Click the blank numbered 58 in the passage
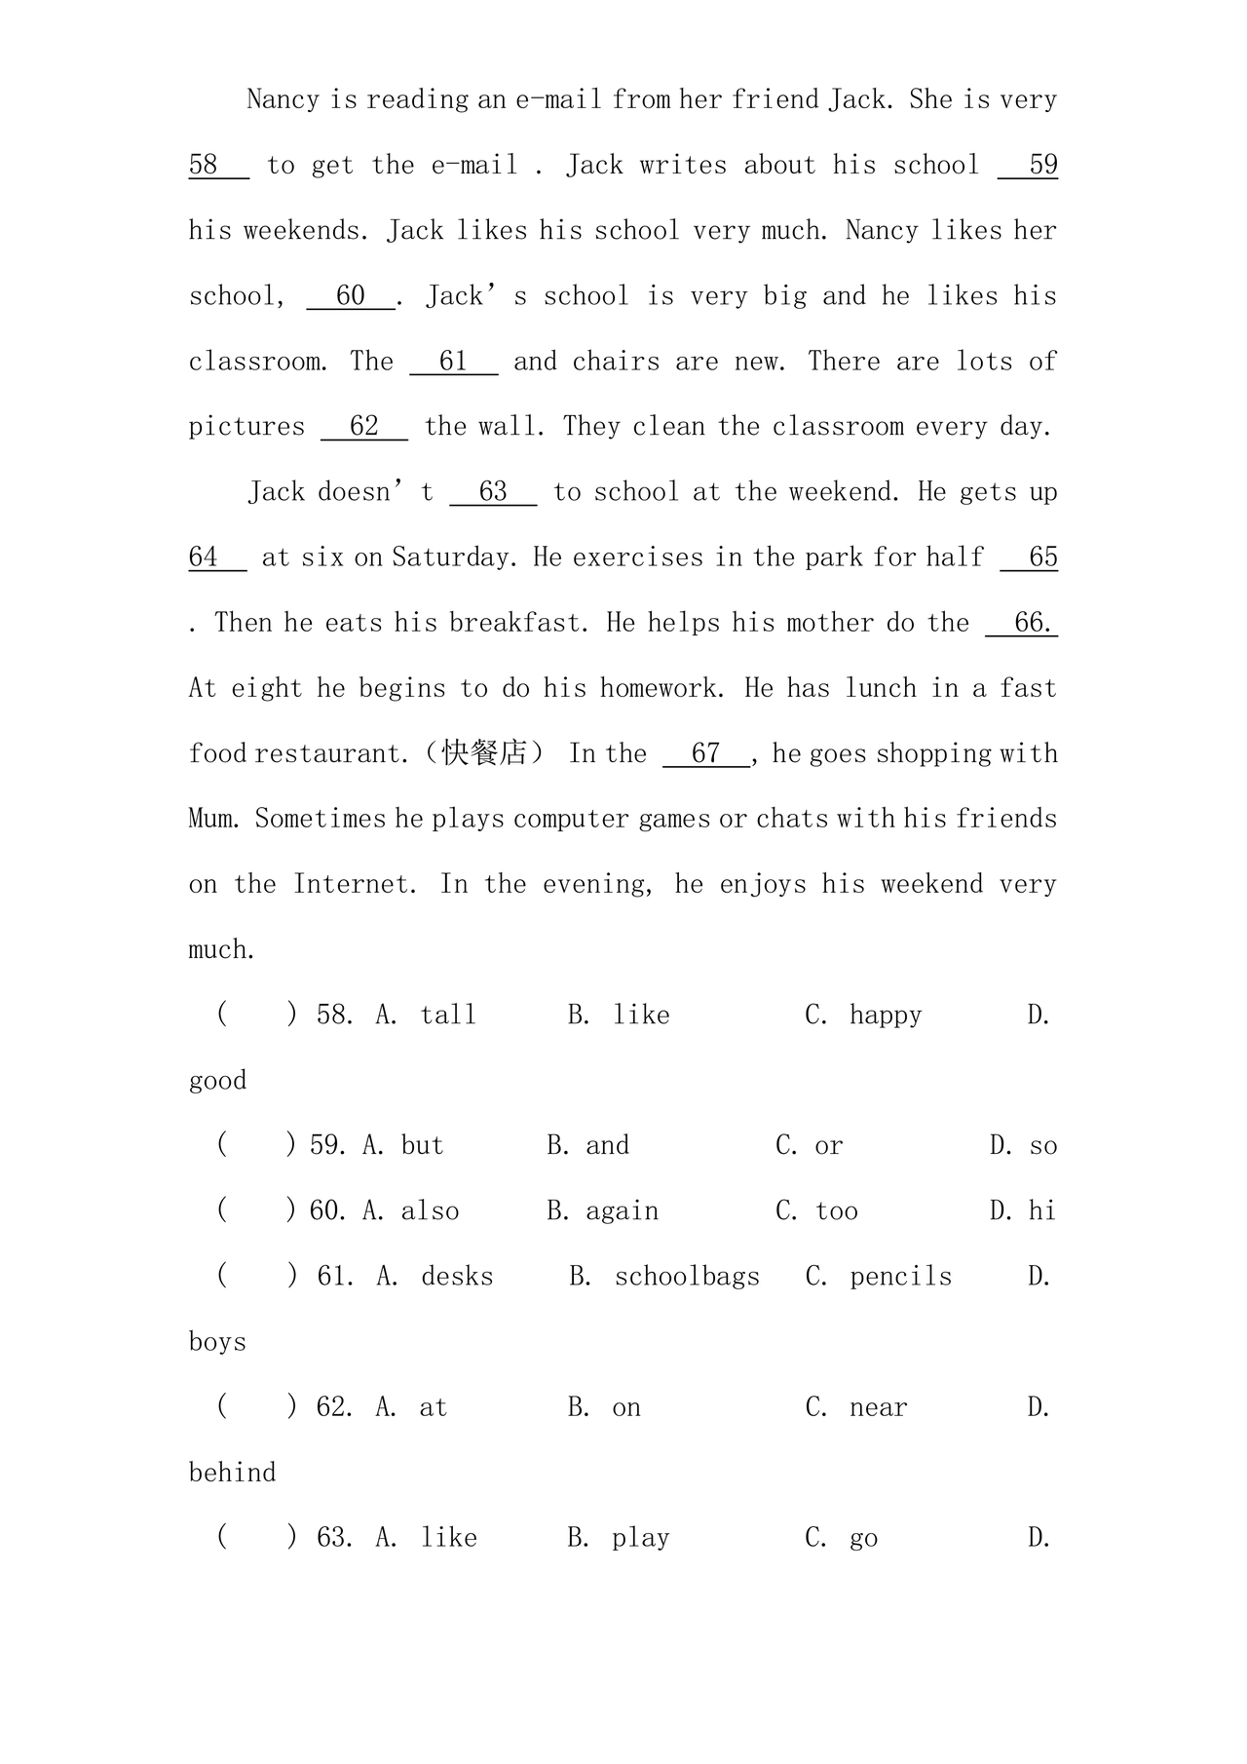click(218, 165)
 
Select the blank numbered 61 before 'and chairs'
click(454, 362)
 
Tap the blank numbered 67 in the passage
click(706, 753)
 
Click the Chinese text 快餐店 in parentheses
click(484, 753)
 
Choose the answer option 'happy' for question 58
click(885, 1016)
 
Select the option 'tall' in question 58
click(448, 1016)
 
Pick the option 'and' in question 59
click(607, 1146)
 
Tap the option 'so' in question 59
click(1042, 1146)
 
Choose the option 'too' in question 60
click(837, 1211)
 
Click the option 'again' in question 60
click(622, 1211)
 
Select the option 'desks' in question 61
click(457, 1277)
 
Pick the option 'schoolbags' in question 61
click(687, 1277)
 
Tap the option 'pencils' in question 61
click(900, 1277)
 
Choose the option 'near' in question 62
click(878, 1407)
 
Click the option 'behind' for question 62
click(232, 1473)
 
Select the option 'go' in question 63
click(863, 1539)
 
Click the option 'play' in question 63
click(640, 1539)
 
